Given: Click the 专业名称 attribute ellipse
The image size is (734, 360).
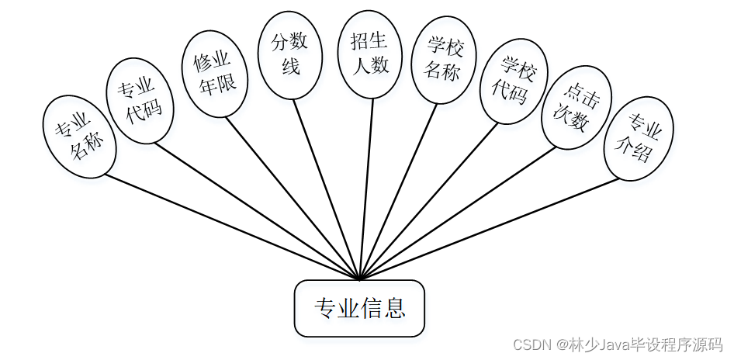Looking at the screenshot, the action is click(x=81, y=137).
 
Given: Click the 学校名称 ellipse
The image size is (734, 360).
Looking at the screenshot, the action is click(x=443, y=60).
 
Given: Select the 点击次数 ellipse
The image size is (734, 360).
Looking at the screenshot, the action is click(x=575, y=112).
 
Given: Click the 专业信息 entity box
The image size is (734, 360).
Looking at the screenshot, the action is click(x=359, y=309).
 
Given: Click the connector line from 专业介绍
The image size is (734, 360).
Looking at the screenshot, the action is click(x=489, y=228).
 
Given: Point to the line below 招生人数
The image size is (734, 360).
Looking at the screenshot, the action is click(x=366, y=186).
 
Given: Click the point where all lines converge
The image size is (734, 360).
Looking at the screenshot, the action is click(x=360, y=279).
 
